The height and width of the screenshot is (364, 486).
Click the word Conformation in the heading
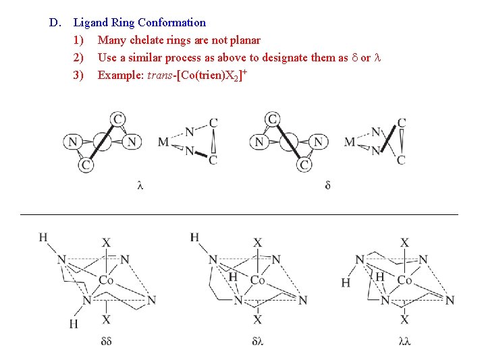click(172, 23)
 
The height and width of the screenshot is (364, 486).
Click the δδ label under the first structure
click(106, 342)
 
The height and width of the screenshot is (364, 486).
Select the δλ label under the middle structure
click(257, 342)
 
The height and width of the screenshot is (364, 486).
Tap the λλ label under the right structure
click(404, 342)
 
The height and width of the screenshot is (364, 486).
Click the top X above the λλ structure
click(404, 243)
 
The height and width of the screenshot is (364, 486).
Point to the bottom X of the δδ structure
click(106, 320)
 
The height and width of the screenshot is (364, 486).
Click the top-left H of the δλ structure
click(194, 237)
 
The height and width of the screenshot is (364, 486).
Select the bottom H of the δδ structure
click(73, 324)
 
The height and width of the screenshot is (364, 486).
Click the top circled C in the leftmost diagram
click(118, 120)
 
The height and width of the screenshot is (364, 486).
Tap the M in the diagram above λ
click(163, 142)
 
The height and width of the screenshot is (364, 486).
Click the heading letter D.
click(53, 23)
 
